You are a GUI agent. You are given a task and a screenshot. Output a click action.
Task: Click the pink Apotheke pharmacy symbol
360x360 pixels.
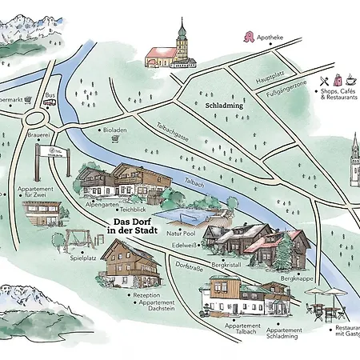pos(251,37)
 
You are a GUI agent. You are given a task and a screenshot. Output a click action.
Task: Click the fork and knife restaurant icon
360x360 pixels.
pos(323,81)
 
